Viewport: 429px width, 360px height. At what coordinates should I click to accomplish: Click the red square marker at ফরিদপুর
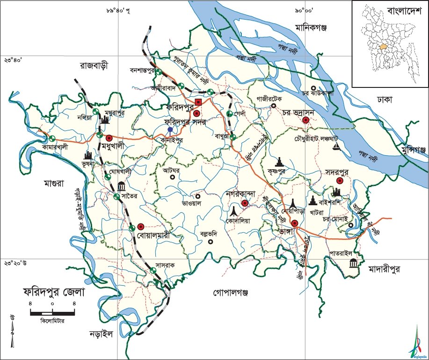click(198, 102)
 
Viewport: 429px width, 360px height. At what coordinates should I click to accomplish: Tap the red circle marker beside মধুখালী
click(109, 138)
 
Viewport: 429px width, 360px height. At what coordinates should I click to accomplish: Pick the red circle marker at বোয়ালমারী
click(140, 226)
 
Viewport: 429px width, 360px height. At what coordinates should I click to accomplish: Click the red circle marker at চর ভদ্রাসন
click(306, 120)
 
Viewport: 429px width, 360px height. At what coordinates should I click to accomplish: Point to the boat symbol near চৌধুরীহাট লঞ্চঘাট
click(336, 147)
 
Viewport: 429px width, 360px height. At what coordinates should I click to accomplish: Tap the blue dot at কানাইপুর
click(170, 130)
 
